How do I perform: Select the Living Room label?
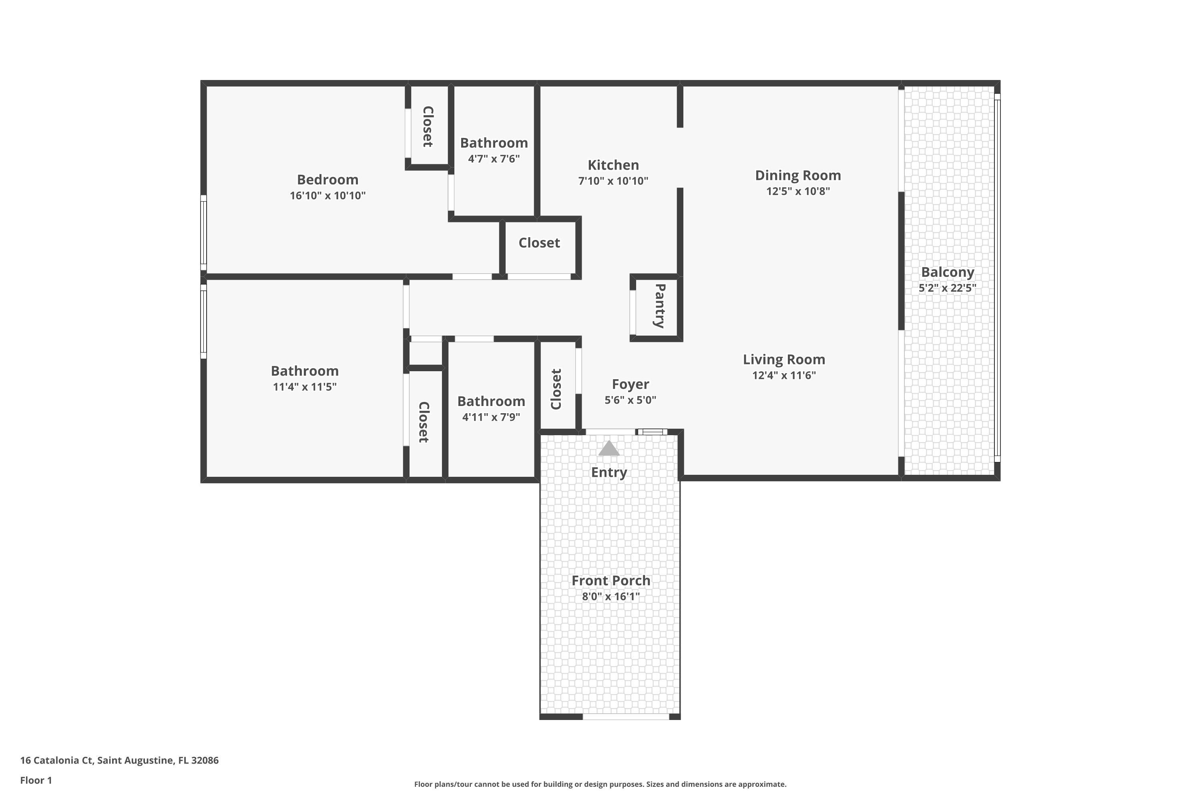pyautogui.click(x=784, y=360)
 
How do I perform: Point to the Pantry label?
pyautogui.click(x=660, y=306)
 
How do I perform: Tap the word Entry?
pyautogui.click(x=609, y=472)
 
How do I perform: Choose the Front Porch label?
pyautogui.click(x=611, y=581)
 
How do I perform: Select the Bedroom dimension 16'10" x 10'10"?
pyautogui.click(x=328, y=196)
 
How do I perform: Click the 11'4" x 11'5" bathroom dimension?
pyautogui.click(x=305, y=387)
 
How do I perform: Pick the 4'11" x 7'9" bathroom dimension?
pyautogui.click(x=491, y=417)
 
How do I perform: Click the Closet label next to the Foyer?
pyautogui.click(x=556, y=389)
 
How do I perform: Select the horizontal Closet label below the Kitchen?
pyautogui.click(x=539, y=243)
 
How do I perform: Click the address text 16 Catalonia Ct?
pyautogui.click(x=57, y=760)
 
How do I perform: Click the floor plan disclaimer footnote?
pyautogui.click(x=600, y=784)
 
